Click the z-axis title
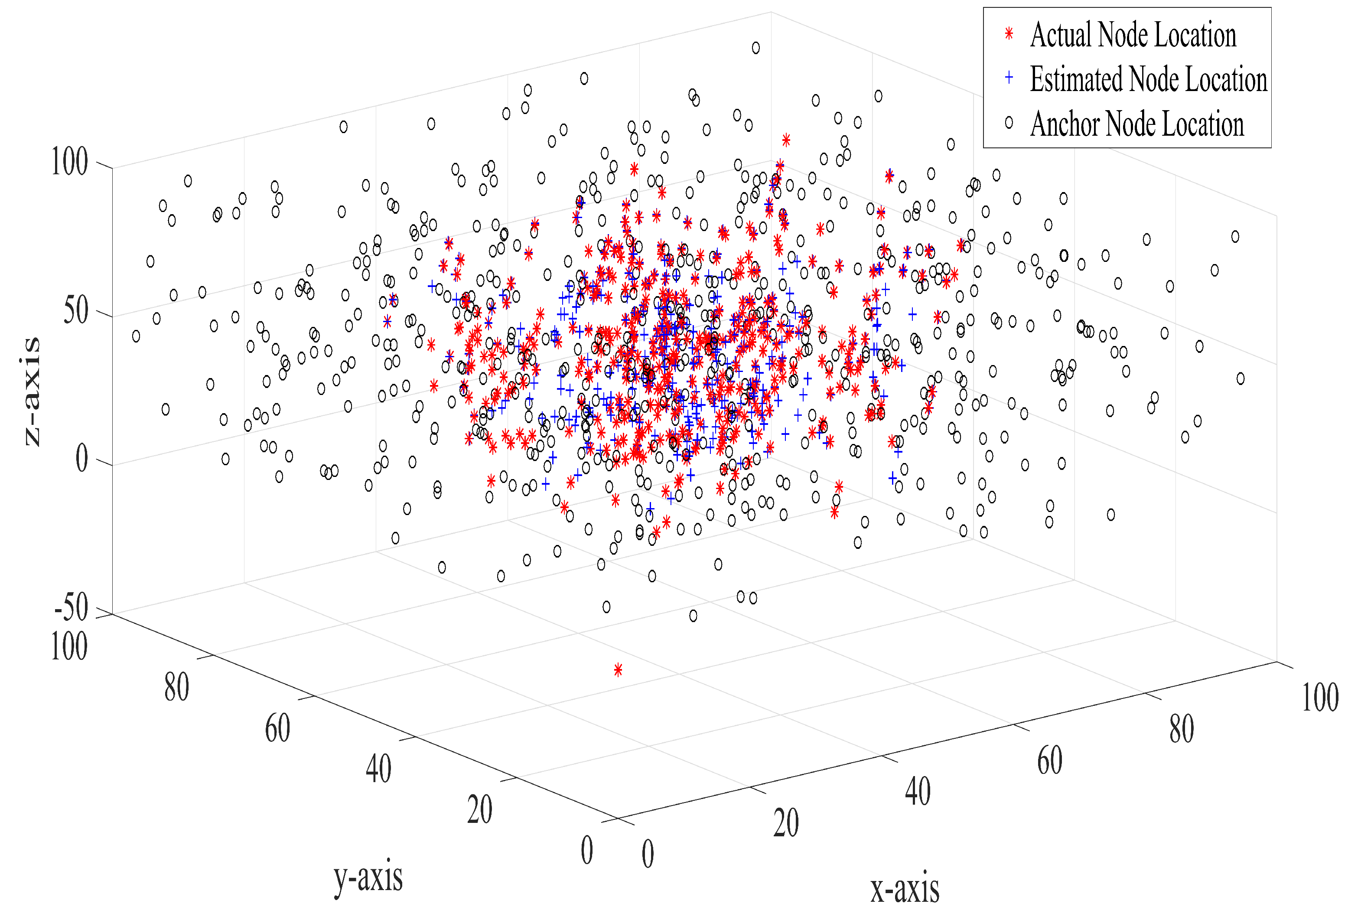tap(33, 391)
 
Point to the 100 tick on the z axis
tap(70, 161)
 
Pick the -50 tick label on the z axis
tap(71, 607)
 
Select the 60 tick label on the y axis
tap(277, 728)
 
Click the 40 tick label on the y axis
tap(378, 769)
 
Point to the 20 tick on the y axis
tap(480, 810)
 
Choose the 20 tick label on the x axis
tap(786, 823)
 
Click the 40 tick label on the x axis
tap(918, 791)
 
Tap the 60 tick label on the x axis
tap(1050, 760)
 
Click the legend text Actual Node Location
tap(1133, 35)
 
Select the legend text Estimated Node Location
tap(1149, 79)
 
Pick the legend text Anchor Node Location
tap(1137, 124)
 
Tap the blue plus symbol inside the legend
tap(1009, 77)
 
